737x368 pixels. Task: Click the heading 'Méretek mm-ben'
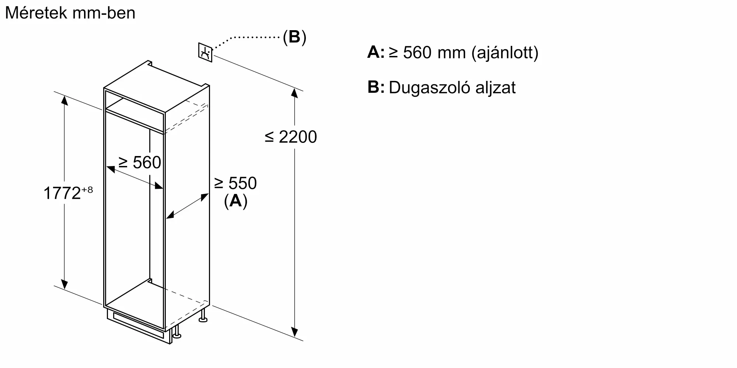click(x=70, y=13)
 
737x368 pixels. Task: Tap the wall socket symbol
click(x=205, y=53)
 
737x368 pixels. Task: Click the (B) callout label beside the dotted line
click(x=294, y=37)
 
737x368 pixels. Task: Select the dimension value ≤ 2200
click(x=291, y=137)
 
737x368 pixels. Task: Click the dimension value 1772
click(x=62, y=193)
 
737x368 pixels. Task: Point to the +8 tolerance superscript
click(x=87, y=190)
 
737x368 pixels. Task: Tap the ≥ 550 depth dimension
click(x=235, y=183)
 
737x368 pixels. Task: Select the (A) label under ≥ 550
click(x=235, y=201)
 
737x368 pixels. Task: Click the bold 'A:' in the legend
click(x=376, y=52)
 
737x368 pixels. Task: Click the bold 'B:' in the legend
click(x=376, y=88)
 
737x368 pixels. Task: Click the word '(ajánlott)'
click(x=505, y=53)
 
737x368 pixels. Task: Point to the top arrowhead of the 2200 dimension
click(x=294, y=93)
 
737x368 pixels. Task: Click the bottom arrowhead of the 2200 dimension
click(x=294, y=332)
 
